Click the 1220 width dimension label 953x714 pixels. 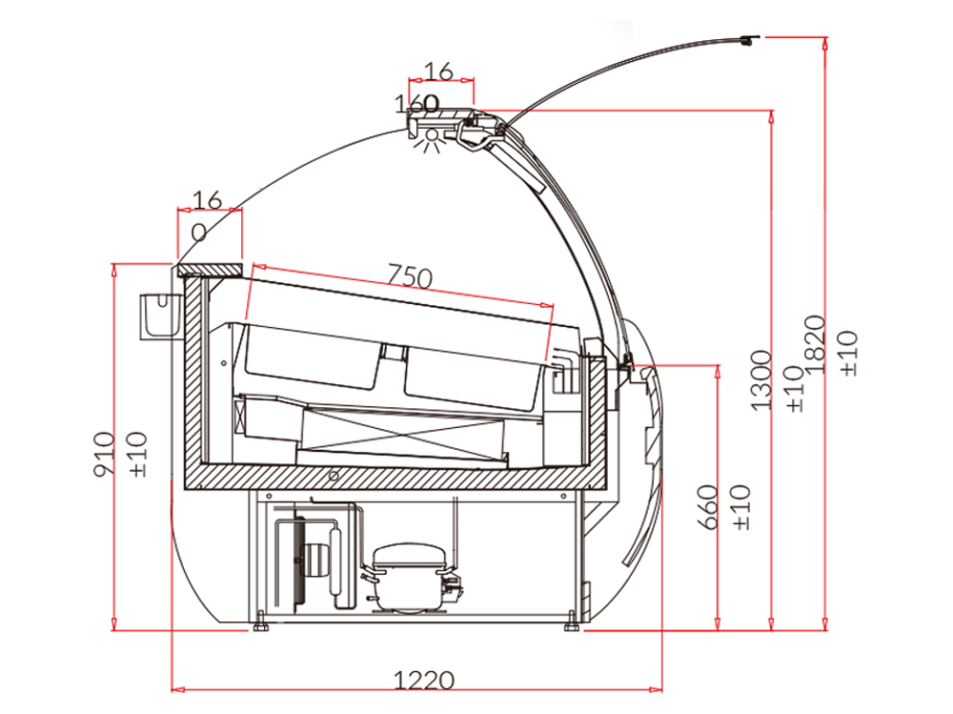[x=424, y=680]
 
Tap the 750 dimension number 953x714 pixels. [x=410, y=276]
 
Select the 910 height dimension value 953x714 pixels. [x=104, y=454]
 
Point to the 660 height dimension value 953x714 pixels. [x=708, y=507]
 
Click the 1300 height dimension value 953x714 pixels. [x=760, y=380]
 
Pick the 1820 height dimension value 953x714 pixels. [x=815, y=344]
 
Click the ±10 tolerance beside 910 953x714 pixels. [x=137, y=454]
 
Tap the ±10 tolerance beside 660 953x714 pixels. [x=741, y=507]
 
